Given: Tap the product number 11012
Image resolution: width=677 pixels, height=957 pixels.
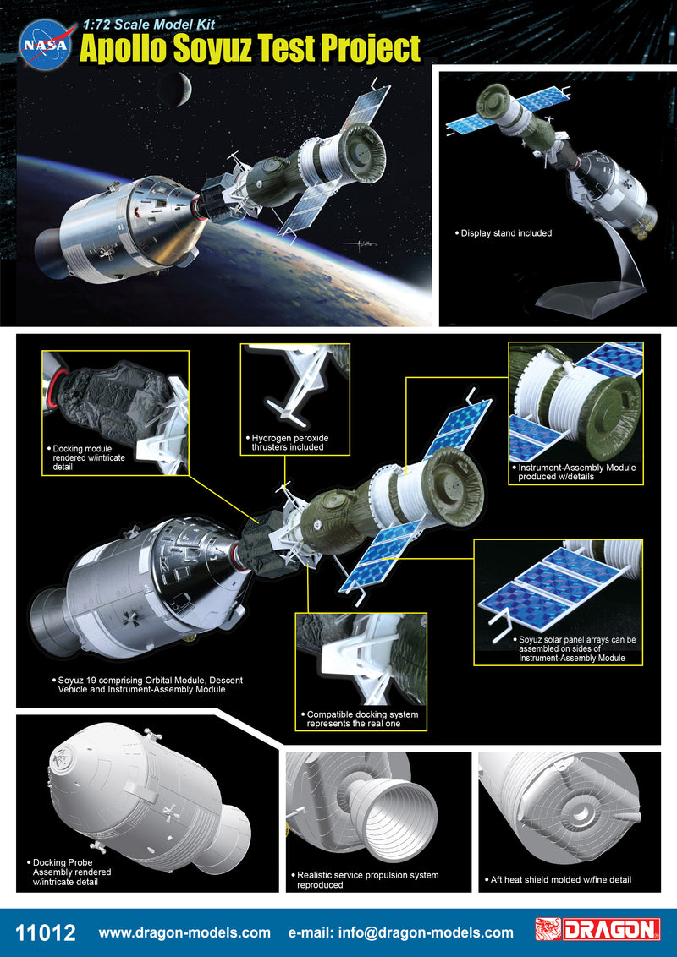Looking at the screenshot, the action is [46, 932].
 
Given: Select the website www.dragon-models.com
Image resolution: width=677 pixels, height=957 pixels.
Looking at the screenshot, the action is [184, 932].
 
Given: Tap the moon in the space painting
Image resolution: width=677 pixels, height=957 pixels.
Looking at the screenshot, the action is [174, 89].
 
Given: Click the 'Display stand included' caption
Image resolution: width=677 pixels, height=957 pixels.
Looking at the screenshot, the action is [503, 233].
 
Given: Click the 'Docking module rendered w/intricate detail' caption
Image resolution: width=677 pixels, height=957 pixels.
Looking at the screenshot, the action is [89, 457].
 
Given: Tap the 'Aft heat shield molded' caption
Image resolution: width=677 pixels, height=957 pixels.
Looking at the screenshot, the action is [561, 879].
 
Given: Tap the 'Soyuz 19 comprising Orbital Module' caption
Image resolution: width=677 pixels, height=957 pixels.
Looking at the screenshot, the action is [146, 685].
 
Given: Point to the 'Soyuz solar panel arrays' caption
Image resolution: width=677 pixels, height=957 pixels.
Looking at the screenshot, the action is [574, 648].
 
